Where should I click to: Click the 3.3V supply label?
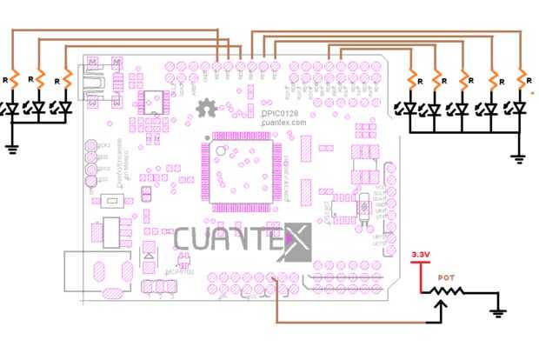420,254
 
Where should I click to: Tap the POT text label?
445,277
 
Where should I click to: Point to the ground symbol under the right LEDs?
519,158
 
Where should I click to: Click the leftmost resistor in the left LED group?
13,78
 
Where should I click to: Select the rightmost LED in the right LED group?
519,109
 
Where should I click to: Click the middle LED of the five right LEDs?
462,110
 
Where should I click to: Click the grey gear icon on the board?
207,109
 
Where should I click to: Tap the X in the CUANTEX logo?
296,241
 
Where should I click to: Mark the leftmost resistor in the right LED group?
409,78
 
